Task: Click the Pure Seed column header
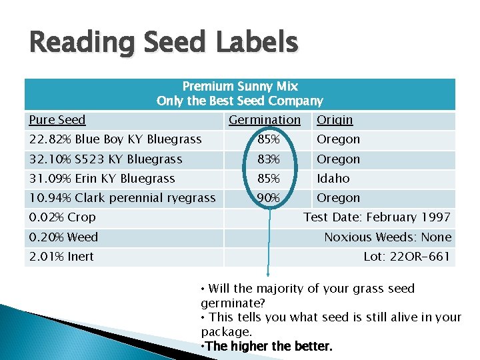coord(57,120)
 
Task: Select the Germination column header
coord(265,120)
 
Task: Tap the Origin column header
coord(335,120)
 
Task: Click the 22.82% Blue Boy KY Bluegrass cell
coord(115,139)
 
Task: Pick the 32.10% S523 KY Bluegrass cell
coord(106,159)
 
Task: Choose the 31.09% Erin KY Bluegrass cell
coord(102,179)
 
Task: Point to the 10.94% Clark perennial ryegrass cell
coord(123,198)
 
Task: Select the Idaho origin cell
coord(333,179)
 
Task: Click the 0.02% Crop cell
coord(63,217)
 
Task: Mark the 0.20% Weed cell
coord(63,237)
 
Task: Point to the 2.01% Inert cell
coord(61,257)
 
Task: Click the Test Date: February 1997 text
coord(377,217)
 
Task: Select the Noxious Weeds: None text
coord(387,237)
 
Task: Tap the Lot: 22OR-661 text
coord(407,257)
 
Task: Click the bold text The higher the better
coord(267,347)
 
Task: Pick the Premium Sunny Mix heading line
coord(240,87)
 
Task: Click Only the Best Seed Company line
coord(240,101)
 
